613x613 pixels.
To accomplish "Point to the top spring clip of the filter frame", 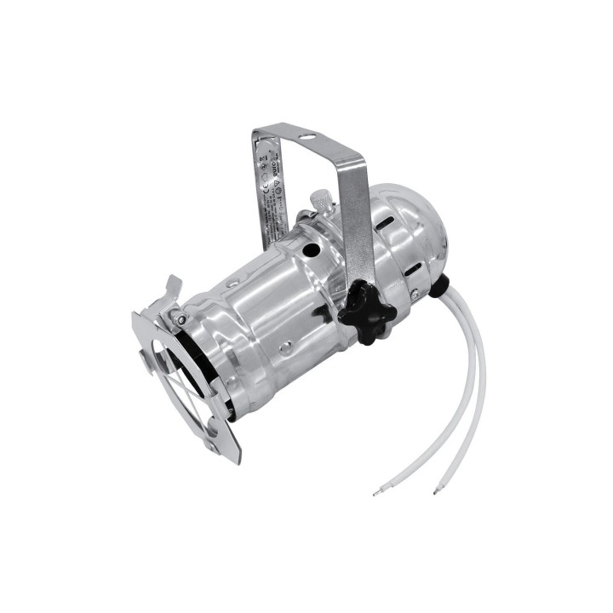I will [x=169, y=288].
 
